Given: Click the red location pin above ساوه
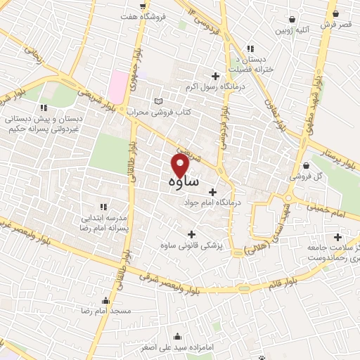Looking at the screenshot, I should point(181,165).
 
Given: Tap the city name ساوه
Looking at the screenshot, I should point(183,181).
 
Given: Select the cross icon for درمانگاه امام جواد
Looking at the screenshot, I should point(213,191).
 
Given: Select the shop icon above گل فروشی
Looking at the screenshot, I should point(304,166).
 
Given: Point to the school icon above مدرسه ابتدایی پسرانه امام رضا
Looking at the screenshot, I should point(103,206).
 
